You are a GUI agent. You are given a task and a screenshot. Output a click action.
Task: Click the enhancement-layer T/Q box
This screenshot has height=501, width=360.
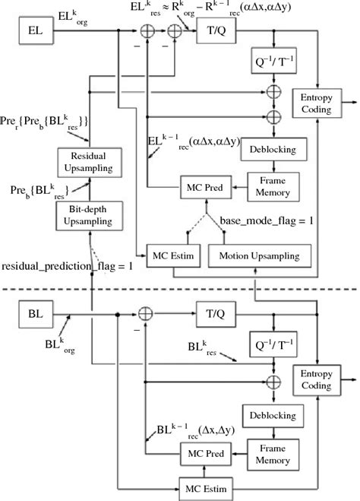(x=217, y=31)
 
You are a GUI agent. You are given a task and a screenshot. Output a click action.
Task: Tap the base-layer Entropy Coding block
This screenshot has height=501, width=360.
(x=318, y=379)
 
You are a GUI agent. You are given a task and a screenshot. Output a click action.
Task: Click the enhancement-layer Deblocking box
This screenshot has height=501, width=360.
(x=273, y=149)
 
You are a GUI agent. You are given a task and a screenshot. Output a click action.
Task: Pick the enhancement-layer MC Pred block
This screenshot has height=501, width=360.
(x=201, y=186)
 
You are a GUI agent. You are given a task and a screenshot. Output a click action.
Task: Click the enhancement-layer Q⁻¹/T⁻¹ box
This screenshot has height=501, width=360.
(x=273, y=63)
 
